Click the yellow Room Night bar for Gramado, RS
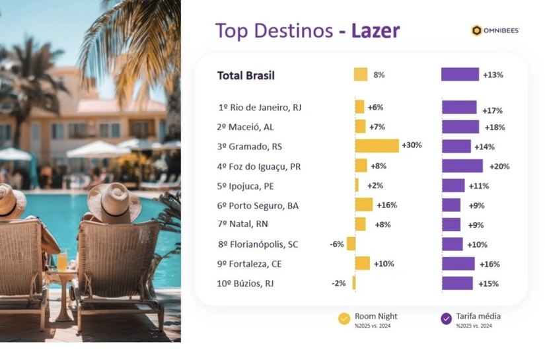coord(377,146)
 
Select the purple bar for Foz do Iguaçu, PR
coord(462,166)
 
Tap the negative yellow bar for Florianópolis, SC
coord(351,244)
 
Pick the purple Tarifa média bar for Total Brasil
coord(460,75)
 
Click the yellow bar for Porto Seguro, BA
coord(363,205)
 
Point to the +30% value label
coord(412,145)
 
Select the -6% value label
coord(336,244)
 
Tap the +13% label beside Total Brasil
coord(493,75)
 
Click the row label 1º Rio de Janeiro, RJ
coord(260,107)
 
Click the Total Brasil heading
coord(246,75)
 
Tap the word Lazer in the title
coord(375,30)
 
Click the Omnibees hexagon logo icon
coord(476,30)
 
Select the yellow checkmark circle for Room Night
coord(344,318)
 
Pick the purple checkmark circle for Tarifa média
coord(446,318)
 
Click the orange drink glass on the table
coord(62,262)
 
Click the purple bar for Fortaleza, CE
coord(458,264)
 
